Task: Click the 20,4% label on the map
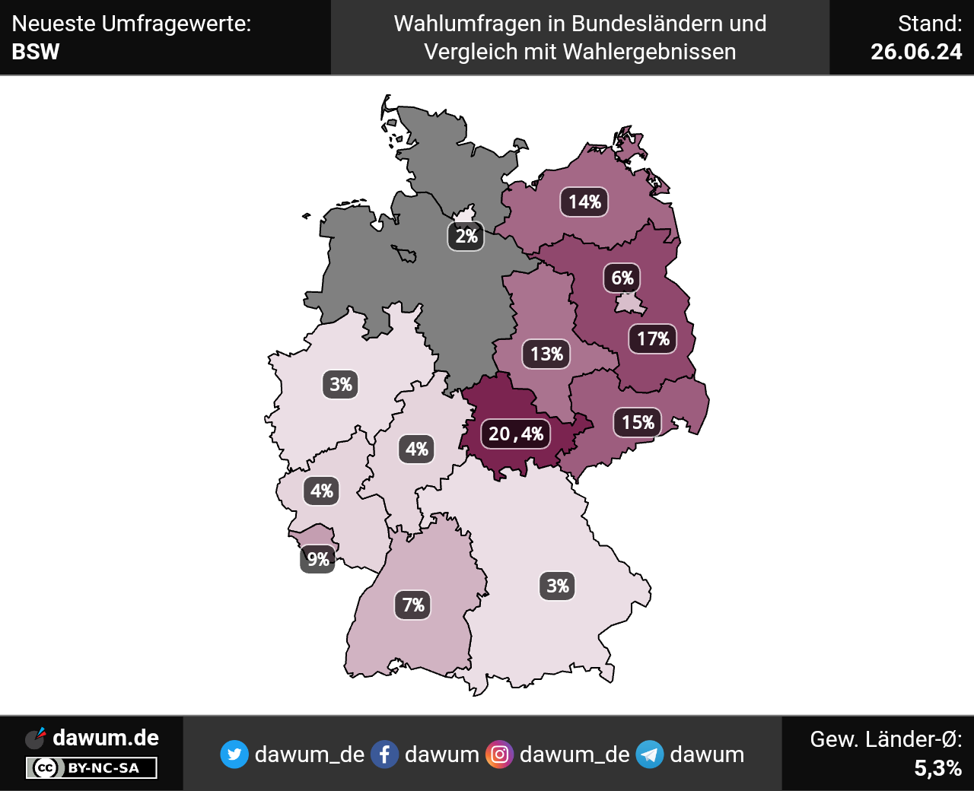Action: coord(515,434)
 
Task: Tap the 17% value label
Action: coord(653,338)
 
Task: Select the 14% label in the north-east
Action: coord(584,202)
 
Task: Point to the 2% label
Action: coord(466,236)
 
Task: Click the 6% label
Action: coord(622,278)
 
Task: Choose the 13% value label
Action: coord(546,354)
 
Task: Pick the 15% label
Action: coord(638,422)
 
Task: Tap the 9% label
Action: coord(318,559)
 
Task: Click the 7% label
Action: coord(413,605)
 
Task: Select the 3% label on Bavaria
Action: coord(558,586)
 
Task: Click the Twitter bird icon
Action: coord(234,754)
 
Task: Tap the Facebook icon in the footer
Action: coord(384,754)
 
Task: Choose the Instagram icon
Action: coord(499,754)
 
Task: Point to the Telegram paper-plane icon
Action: coord(650,754)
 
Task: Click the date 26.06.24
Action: coord(916,52)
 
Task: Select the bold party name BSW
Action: coord(36,52)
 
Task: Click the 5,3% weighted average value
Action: coord(937,768)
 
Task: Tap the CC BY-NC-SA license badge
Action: coord(91,768)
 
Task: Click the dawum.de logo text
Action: coord(106,738)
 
